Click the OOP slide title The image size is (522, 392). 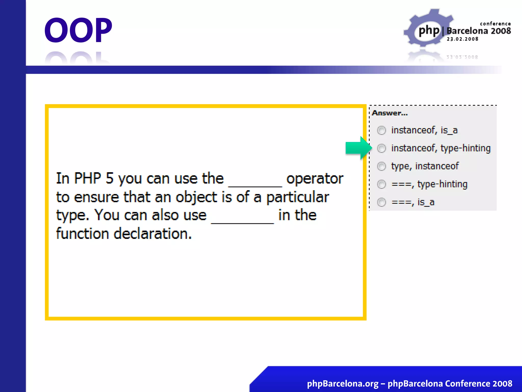[78, 30]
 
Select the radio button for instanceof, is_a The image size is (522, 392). [381, 130]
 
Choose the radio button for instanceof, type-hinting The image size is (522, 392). [381, 148]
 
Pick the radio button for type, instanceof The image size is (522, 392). [381, 166]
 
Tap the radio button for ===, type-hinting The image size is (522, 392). [381, 184]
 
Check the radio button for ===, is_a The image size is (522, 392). [381, 202]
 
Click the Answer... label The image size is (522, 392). [390, 113]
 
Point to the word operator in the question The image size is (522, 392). [315, 179]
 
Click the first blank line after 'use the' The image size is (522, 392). [255, 186]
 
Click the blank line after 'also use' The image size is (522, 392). [242, 223]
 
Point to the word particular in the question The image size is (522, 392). [297, 198]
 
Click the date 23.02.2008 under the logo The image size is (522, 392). [462, 39]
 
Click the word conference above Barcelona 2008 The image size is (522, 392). [495, 24]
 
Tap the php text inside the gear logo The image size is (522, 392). [429, 31]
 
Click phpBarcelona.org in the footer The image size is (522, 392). [343, 384]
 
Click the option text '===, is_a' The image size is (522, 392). [413, 202]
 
